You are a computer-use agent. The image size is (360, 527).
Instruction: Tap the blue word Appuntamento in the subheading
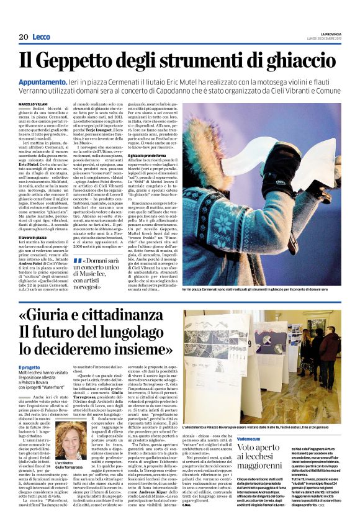click(x=43, y=82)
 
